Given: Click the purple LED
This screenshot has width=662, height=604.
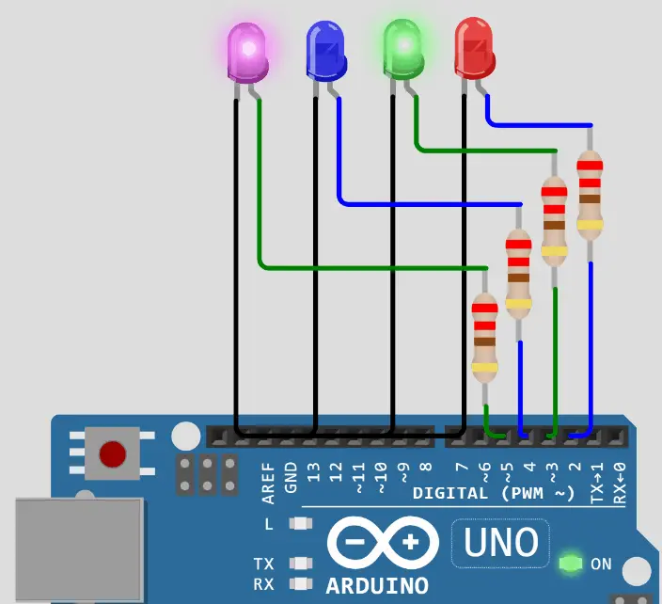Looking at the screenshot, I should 248,55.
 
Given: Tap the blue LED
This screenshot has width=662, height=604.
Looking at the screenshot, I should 326,52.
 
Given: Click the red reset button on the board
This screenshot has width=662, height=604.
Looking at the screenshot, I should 112,454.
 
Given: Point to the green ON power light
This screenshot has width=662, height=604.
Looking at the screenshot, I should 569,564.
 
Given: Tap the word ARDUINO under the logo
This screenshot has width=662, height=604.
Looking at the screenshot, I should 377,585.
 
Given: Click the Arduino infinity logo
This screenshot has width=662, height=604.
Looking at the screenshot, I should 383,543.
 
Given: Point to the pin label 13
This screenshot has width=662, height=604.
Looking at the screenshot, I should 314,470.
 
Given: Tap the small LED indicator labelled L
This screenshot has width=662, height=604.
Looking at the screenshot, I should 301,524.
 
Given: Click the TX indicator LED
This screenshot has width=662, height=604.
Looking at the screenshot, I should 301,564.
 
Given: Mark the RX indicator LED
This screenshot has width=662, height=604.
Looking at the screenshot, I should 301,584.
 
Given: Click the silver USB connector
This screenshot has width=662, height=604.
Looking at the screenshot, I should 80,550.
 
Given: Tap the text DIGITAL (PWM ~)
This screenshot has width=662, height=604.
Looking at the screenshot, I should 494,493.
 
